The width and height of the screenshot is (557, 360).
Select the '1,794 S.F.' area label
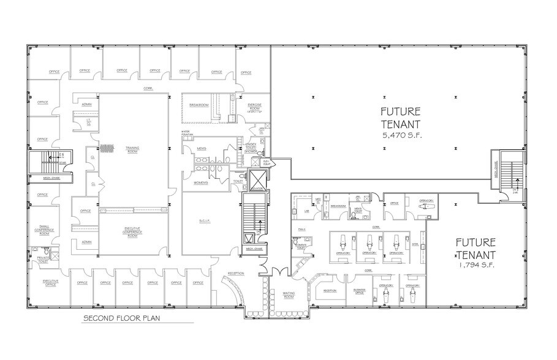[476, 266]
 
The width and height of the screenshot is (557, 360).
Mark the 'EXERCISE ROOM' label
[255, 107]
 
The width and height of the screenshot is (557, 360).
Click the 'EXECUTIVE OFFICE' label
[51, 283]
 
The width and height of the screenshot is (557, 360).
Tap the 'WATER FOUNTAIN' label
[187, 133]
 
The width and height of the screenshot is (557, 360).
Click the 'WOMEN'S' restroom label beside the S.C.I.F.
[201, 182]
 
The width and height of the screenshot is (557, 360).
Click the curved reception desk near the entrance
[234, 291]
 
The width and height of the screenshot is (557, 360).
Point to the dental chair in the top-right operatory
[423, 208]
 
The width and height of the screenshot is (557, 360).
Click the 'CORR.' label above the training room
[148, 88]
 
